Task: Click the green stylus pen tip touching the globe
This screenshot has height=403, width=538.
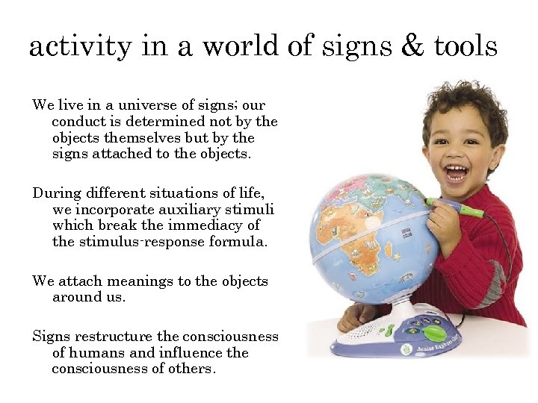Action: [429, 201]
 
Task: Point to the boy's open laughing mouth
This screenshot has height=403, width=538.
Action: [456, 174]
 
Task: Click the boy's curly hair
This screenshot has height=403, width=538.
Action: [463, 104]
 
